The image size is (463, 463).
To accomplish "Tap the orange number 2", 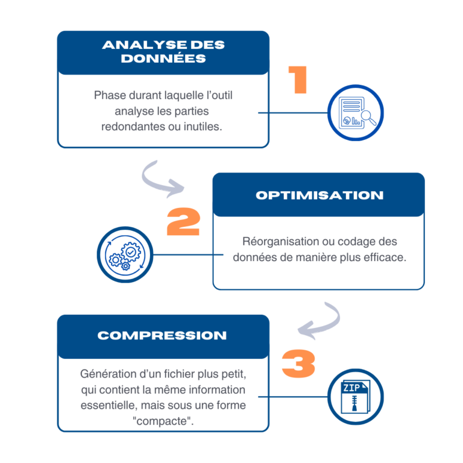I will point(183,222).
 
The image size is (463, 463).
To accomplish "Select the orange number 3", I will point(298,364).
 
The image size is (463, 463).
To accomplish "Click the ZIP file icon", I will point(354,396).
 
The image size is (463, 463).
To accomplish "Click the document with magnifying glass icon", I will point(356,113).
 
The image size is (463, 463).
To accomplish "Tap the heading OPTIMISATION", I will point(319,195).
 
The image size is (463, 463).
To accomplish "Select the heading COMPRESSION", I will point(162,336).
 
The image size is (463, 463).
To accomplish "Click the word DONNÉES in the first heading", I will point(163,59).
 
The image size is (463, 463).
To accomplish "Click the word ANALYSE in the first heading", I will point(136,45).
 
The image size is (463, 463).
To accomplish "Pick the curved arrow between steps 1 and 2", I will point(163,178).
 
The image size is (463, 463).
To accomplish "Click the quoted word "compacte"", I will point(163,421).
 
